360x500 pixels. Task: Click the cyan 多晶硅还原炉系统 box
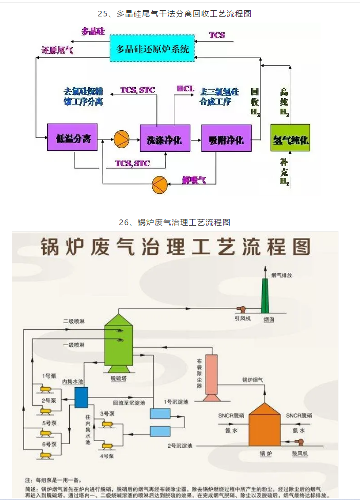click(152, 49)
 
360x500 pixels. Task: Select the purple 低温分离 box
click(72, 137)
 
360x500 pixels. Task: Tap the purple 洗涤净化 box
click(165, 138)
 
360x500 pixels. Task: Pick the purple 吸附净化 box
click(227, 138)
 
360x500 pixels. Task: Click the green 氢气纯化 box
click(290, 138)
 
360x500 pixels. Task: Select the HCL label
click(186, 89)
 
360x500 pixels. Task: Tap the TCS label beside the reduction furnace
click(217, 35)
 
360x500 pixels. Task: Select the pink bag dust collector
click(211, 377)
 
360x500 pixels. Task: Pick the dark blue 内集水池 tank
click(82, 397)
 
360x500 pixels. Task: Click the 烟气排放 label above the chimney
click(282, 275)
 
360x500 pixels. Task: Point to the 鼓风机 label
click(299, 453)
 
